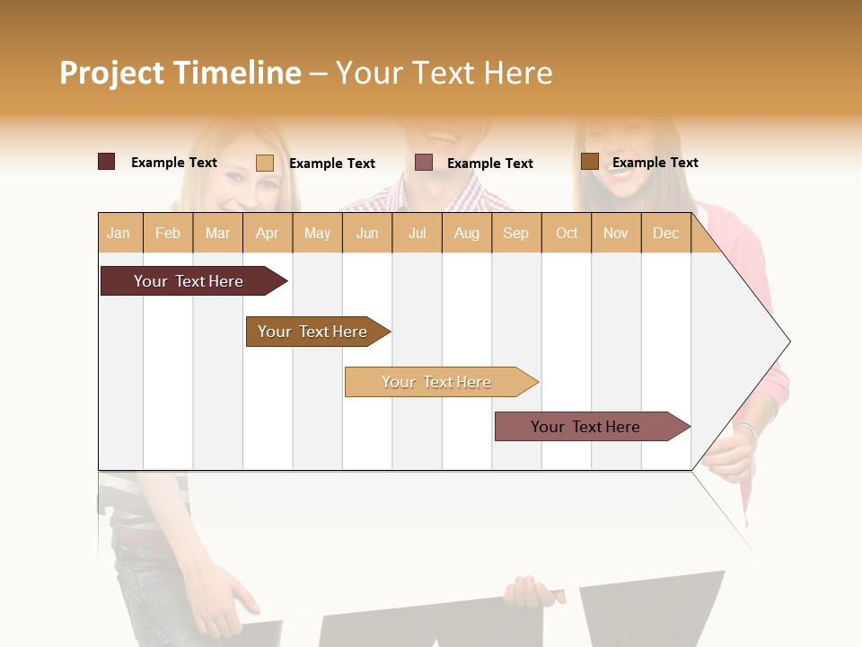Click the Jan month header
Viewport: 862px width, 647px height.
119,234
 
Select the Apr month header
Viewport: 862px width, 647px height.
268,234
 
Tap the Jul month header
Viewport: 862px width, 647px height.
418,234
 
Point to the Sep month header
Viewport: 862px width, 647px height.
516,234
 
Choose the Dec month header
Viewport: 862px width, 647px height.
666,234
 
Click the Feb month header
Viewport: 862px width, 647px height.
168,234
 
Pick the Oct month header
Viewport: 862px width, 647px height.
567,234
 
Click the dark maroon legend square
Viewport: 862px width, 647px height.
107,162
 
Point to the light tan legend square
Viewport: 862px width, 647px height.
265,163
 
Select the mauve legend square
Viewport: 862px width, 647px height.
424,162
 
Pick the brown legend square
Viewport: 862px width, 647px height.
590,161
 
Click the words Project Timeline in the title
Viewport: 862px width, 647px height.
180,73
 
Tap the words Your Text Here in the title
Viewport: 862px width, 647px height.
444,73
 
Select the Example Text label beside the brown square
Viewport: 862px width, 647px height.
655,163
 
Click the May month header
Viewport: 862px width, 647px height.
317,234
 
